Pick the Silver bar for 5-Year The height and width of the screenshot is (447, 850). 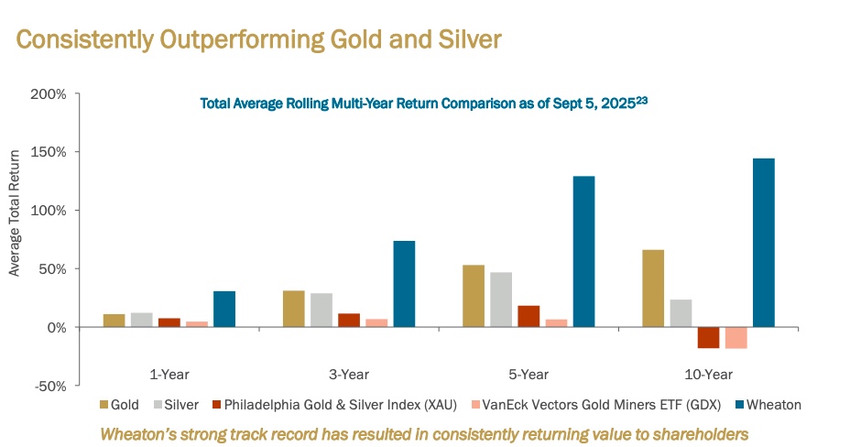click(501, 300)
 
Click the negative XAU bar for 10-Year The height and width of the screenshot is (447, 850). click(708, 337)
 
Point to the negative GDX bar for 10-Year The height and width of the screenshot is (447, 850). click(736, 337)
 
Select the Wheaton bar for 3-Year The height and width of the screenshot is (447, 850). click(404, 284)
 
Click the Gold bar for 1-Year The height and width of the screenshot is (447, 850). click(114, 321)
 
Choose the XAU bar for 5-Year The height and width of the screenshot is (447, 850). click(529, 316)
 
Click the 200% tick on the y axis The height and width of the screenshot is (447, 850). click(49, 93)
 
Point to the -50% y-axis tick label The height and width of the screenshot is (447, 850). click(49, 386)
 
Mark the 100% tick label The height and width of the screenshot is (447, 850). click(49, 210)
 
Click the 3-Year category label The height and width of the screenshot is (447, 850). click(349, 374)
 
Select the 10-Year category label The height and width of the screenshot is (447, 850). click(708, 374)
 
